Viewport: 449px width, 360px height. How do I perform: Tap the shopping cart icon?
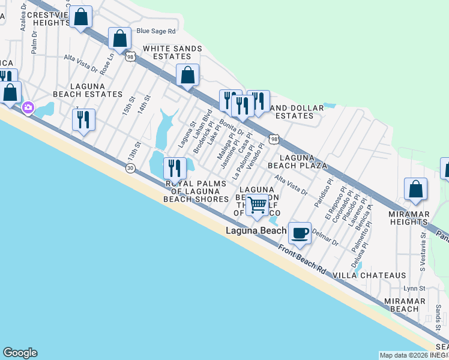(x=258, y=204)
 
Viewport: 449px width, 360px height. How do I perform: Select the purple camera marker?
(x=28, y=107)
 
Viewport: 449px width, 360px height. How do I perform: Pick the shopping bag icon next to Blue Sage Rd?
(x=120, y=38)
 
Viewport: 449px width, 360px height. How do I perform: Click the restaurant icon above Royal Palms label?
(x=175, y=167)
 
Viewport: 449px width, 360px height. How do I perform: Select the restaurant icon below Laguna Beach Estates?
(x=83, y=119)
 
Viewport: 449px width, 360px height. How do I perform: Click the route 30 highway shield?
(x=130, y=168)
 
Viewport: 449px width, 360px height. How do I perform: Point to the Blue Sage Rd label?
(x=156, y=31)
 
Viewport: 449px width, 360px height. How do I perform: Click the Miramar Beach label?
(x=396, y=304)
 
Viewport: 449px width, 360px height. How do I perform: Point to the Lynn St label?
(x=414, y=289)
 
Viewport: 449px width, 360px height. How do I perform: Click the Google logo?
(x=20, y=353)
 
